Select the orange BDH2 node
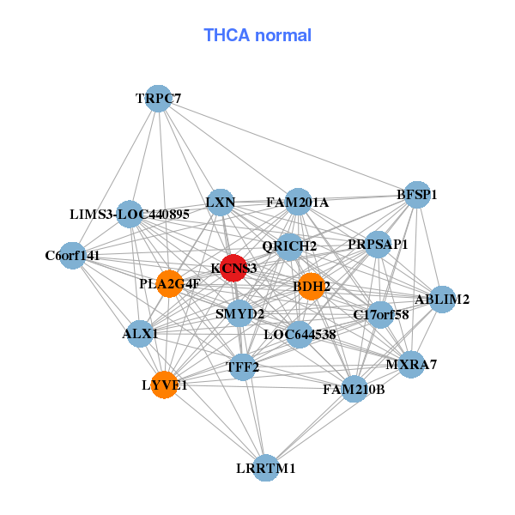click(x=311, y=286)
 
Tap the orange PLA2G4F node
click(x=170, y=283)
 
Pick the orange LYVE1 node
click(x=165, y=385)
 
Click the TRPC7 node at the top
click(x=158, y=99)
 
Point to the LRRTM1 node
click(x=267, y=468)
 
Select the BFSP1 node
click(x=416, y=195)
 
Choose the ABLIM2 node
click(x=441, y=300)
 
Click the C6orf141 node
click(x=73, y=255)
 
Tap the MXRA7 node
click(x=411, y=365)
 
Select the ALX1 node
click(x=140, y=333)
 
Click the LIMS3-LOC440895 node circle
click(x=129, y=214)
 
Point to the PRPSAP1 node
click(x=378, y=245)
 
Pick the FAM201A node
click(x=298, y=203)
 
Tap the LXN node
click(x=221, y=203)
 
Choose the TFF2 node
click(x=243, y=367)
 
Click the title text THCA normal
click(x=257, y=35)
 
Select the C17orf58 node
click(x=380, y=315)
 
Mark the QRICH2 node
click(x=289, y=246)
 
